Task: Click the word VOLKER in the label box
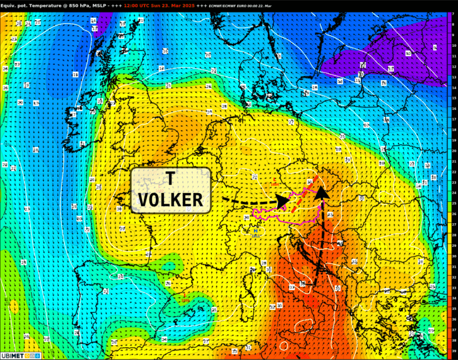coord(171,200)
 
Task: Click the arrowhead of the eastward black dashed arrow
coord(283,201)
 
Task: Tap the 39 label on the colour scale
coord(452,351)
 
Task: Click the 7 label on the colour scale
coord(452,14)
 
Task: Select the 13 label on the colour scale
coord(452,77)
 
